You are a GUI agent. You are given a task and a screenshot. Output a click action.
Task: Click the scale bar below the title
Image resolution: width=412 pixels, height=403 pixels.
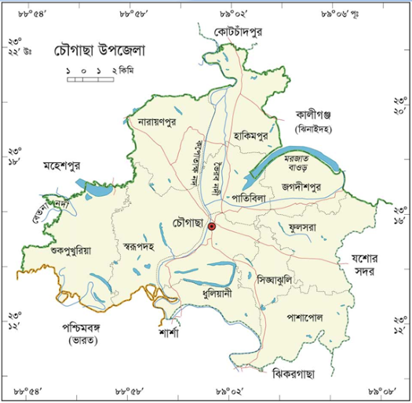[x=89, y=77]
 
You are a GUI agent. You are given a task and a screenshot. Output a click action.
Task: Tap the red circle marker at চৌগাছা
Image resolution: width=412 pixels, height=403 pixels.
[x=211, y=226]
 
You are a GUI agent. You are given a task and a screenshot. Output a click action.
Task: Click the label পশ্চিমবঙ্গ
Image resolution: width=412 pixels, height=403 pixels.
[x=78, y=329]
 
